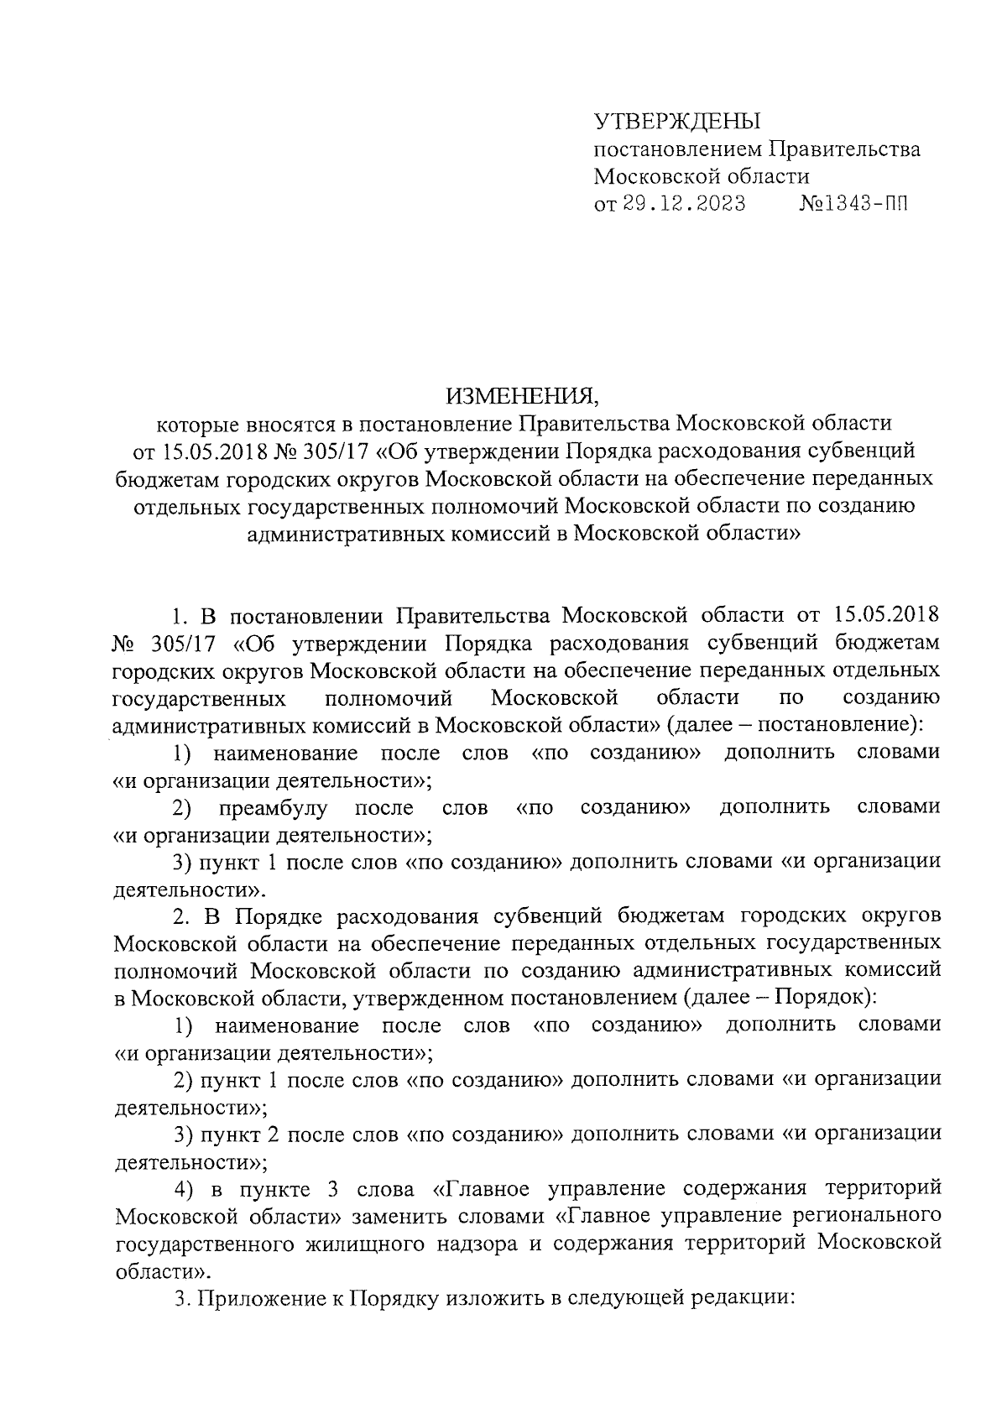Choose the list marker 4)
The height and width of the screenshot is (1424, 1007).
pyautogui.click(x=185, y=1190)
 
